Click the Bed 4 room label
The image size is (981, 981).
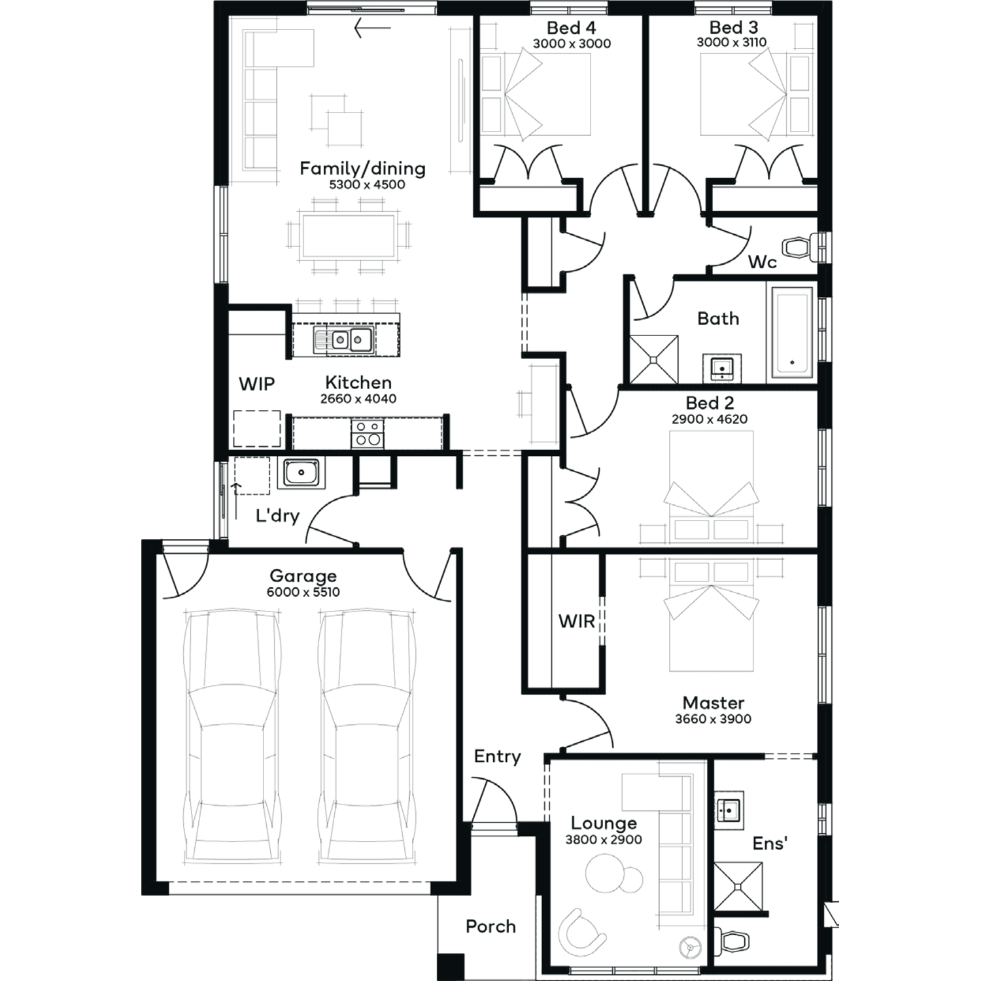tap(571, 28)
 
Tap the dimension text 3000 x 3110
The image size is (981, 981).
tap(732, 43)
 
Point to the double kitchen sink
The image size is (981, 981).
tap(343, 340)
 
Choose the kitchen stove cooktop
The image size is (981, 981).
tap(368, 434)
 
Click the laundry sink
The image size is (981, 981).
tap(300, 472)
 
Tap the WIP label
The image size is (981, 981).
tap(256, 384)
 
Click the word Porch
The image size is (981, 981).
tap(490, 926)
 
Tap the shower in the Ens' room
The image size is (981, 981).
tap(738, 886)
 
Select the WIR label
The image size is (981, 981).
tap(576, 621)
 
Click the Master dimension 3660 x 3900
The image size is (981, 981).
tap(713, 719)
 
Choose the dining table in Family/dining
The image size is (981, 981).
tap(349, 235)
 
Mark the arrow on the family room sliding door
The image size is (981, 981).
tap(372, 28)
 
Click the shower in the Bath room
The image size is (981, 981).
tap(654, 359)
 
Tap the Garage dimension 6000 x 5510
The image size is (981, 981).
tap(303, 593)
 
